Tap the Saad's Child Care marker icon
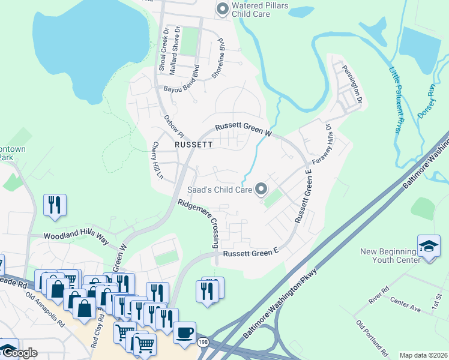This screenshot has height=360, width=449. pyautogui.click(x=261, y=190)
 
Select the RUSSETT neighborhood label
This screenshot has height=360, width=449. pyautogui.click(x=193, y=145)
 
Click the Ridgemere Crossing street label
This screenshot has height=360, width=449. pyautogui.click(x=197, y=223)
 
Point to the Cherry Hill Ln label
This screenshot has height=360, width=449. pyautogui.click(x=158, y=160)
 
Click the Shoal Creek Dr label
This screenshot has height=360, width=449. pyautogui.click(x=161, y=48)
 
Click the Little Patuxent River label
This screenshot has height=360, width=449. pyautogui.click(x=395, y=99)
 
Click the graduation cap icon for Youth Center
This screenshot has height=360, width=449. pyautogui.click(x=429, y=246)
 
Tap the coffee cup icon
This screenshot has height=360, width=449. pyautogui.click(x=185, y=332)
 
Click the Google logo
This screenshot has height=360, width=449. pyautogui.click(x=19, y=353)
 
